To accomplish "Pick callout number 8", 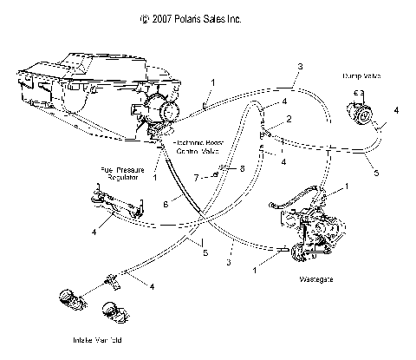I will [x=243, y=167].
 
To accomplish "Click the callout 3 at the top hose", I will [x=299, y=67].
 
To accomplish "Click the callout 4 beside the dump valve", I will [x=396, y=111].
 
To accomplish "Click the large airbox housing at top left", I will [x=87, y=82].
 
